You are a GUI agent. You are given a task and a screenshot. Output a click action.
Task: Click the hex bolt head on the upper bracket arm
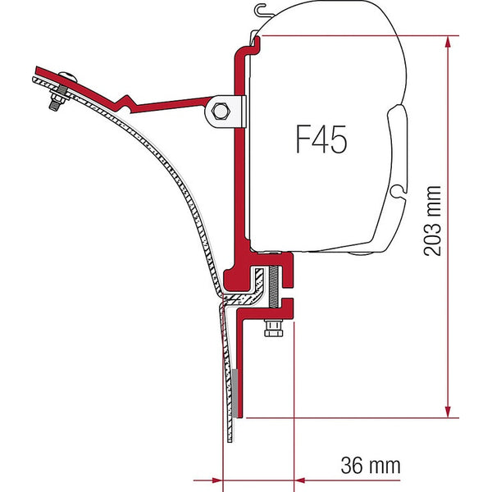point(221,110)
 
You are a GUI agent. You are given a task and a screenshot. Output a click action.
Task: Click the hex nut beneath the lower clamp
point(271,330)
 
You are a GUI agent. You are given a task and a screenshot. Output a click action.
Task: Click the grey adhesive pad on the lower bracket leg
point(236,389)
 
